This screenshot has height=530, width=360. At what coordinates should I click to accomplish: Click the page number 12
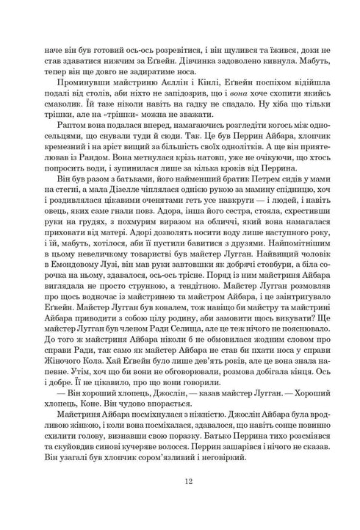(179, 481)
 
